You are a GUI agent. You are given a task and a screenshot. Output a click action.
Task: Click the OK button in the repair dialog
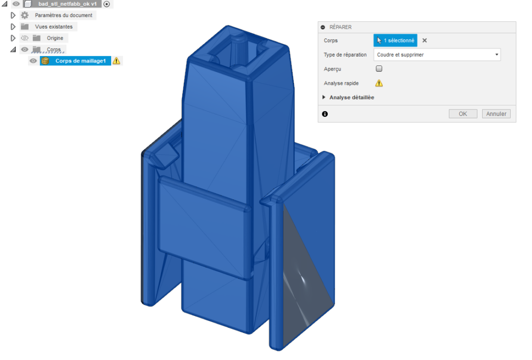(x=463, y=114)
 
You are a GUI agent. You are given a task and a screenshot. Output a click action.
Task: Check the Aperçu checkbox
(x=379, y=69)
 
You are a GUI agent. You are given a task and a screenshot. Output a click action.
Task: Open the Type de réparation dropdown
(x=437, y=55)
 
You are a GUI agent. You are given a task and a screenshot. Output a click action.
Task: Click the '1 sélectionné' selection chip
(x=395, y=41)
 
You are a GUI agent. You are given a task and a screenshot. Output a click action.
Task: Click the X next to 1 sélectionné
(x=424, y=41)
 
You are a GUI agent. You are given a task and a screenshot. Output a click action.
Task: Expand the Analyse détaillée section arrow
(x=325, y=97)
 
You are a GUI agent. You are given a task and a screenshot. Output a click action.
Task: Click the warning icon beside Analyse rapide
(x=379, y=83)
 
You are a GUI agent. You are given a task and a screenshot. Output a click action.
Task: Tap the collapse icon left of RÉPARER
(x=323, y=27)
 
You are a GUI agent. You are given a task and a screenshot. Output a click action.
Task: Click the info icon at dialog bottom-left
(x=325, y=114)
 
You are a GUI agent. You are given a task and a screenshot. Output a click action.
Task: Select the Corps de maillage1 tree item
(x=81, y=61)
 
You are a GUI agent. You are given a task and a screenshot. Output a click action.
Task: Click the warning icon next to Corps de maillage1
(x=116, y=61)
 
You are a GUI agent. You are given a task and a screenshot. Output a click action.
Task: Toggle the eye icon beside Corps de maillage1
(x=33, y=61)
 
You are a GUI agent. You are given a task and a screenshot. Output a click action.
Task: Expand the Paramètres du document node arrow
(x=14, y=15)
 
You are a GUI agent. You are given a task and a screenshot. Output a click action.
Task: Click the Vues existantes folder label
(x=54, y=26)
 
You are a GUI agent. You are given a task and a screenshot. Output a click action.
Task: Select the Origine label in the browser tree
(x=55, y=38)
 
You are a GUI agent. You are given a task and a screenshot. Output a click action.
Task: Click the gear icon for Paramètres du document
(x=24, y=15)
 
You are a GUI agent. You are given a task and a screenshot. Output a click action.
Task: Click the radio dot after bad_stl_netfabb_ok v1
(x=107, y=4)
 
